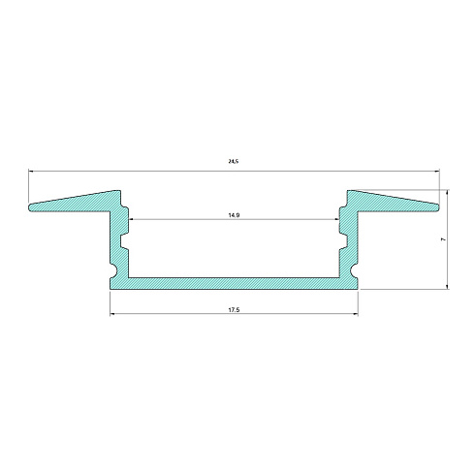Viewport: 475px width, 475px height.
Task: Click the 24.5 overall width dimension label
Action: (x=234, y=161)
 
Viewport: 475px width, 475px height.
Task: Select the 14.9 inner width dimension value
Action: (x=234, y=215)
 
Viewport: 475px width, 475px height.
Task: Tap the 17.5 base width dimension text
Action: (x=234, y=310)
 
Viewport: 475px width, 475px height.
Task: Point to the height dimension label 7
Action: (x=443, y=239)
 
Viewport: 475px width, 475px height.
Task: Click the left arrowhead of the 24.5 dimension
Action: (x=31, y=171)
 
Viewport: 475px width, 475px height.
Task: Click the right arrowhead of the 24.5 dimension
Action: (x=437, y=171)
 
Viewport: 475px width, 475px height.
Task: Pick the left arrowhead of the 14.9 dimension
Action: (x=131, y=219)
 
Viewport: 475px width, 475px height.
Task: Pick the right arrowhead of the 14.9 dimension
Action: (x=336, y=219)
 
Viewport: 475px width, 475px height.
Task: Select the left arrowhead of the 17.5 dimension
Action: (x=112, y=313)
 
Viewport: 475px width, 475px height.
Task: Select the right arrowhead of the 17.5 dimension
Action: (x=356, y=313)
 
